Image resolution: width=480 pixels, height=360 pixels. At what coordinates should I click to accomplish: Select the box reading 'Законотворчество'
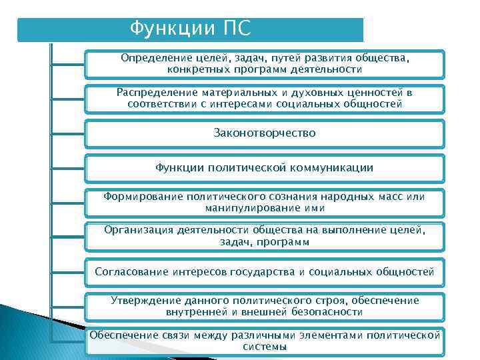(x=264, y=133)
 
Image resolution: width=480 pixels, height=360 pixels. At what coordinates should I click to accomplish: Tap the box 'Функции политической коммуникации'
(x=264, y=168)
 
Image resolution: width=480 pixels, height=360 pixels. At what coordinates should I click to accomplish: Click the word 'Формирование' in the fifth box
(x=141, y=197)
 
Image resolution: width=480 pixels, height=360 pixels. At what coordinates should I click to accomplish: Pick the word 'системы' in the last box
(x=265, y=347)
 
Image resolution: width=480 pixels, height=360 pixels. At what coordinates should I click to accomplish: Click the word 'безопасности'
(x=327, y=311)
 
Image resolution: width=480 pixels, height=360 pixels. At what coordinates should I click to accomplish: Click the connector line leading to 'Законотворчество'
(x=67, y=134)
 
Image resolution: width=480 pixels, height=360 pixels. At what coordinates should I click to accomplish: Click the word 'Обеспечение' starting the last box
(x=123, y=335)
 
